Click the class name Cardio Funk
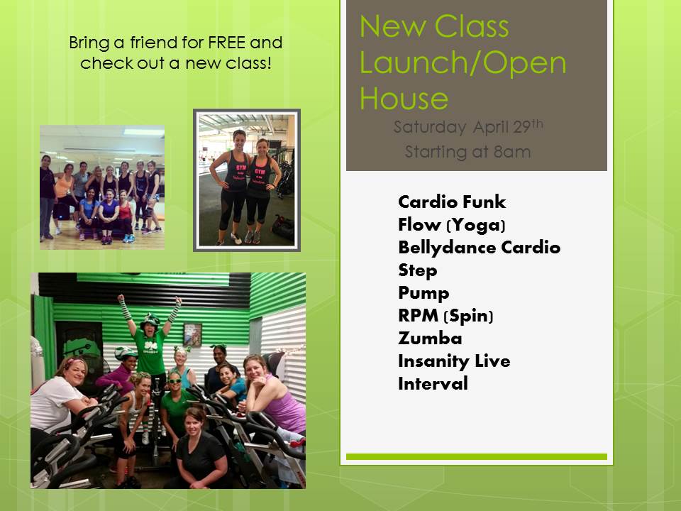(452, 202)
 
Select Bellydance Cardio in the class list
(479, 248)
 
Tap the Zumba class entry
(430, 339)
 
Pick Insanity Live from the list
(454, 361)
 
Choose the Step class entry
(417, 270)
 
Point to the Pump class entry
(423, 293)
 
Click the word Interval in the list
(433, 384)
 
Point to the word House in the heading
(404, 99)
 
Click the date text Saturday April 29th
(468, 126)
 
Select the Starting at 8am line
(467, 152)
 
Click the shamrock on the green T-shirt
(150, 346)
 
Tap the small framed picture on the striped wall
(192, 334)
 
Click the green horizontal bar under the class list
(477, 456)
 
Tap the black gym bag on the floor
(283, 227)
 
